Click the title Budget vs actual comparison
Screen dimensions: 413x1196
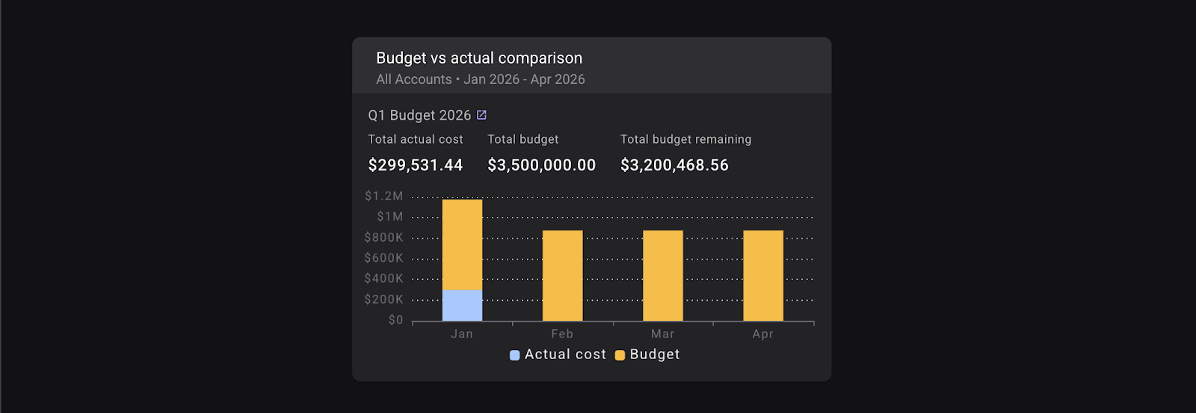pos(478,58)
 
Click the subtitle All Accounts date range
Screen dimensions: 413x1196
pos(480,79)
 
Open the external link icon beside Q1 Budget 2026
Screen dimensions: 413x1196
pos(481,114)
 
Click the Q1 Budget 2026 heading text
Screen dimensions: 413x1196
pos(419,115)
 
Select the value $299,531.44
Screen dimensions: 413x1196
pos(415,165)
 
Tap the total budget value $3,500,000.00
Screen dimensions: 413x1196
pos(541,165)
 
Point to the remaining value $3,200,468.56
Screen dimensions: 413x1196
pos(673,165)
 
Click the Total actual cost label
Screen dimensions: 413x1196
pos(415,139)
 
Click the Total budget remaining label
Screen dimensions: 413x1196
pos(685,139)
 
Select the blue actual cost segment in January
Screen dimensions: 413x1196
pos(462,305)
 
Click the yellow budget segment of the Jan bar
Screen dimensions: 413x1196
pos(462,245)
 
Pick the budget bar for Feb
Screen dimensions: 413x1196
pos(562,275)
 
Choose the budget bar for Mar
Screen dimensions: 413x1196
pos(662,275)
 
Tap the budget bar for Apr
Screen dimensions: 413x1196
pos(762,275)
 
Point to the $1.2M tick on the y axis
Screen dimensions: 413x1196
pos(383,196)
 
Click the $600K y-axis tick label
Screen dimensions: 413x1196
pos(383,258)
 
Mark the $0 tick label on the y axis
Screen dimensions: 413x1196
pos(395,320)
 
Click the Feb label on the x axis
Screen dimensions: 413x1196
pos(562,334)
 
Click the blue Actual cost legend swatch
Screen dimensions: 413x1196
pos(514,355)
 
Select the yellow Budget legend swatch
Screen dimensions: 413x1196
pos(620,355)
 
